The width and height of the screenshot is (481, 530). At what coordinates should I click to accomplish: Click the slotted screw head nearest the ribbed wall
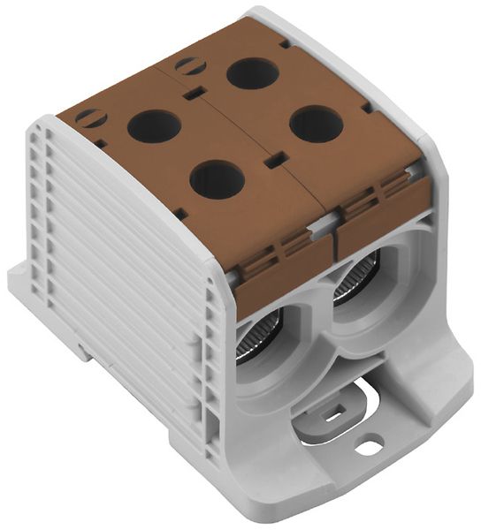[90, 117]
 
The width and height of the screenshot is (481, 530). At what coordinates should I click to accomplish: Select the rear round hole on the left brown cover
[154, 126]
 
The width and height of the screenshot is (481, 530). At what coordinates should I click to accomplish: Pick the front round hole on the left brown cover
[217, 179]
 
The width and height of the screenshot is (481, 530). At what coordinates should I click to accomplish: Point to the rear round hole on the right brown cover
[254, 72]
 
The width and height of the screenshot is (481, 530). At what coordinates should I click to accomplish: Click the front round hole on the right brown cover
[316, 124]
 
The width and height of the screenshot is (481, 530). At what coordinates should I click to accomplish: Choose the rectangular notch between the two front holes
[275, 159]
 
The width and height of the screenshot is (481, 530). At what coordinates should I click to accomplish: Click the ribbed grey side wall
[133, 291]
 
